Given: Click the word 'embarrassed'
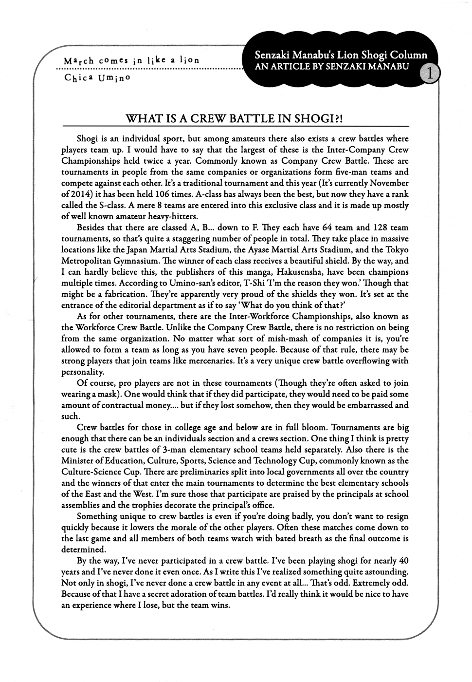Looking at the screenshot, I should tap(368, 405).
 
